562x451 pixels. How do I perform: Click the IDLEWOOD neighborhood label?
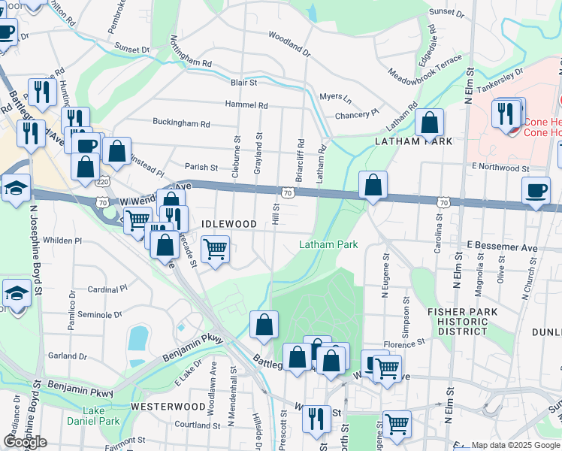click(x=229, y=224)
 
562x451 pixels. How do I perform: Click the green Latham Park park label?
click(x=328, y=244)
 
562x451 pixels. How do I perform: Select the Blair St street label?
click(x=244, y=82)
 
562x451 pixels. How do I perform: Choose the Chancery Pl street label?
click(x=361, y=114)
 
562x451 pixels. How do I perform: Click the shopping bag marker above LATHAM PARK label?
click(x=429, y=122)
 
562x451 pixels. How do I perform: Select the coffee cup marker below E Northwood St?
click(x=536, y=191)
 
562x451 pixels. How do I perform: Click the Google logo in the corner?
click(x=25, y=442)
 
